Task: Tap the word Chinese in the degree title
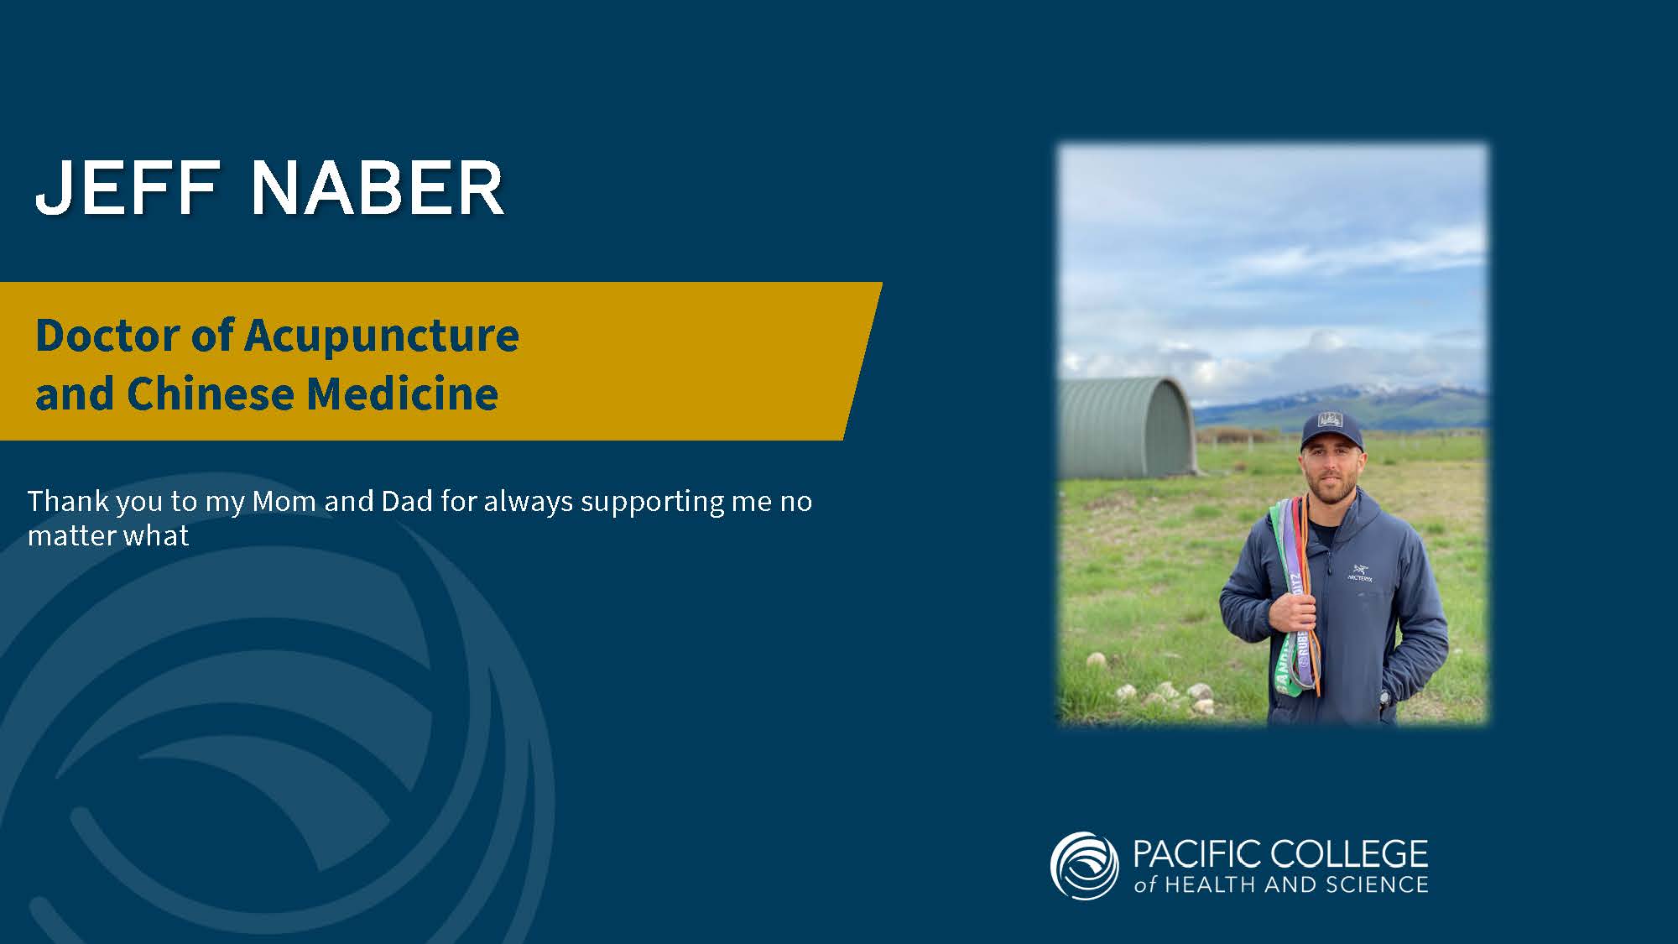pos(211,394)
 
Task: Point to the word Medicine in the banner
pos(403,394)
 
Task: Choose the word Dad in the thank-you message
pos(407,501)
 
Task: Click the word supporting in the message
pos(652,503)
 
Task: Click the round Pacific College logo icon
pos(1084,866)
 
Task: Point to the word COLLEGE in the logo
pos(1349,854)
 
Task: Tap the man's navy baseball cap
pos(1331,430)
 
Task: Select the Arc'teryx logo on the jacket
pos(1360,574)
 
